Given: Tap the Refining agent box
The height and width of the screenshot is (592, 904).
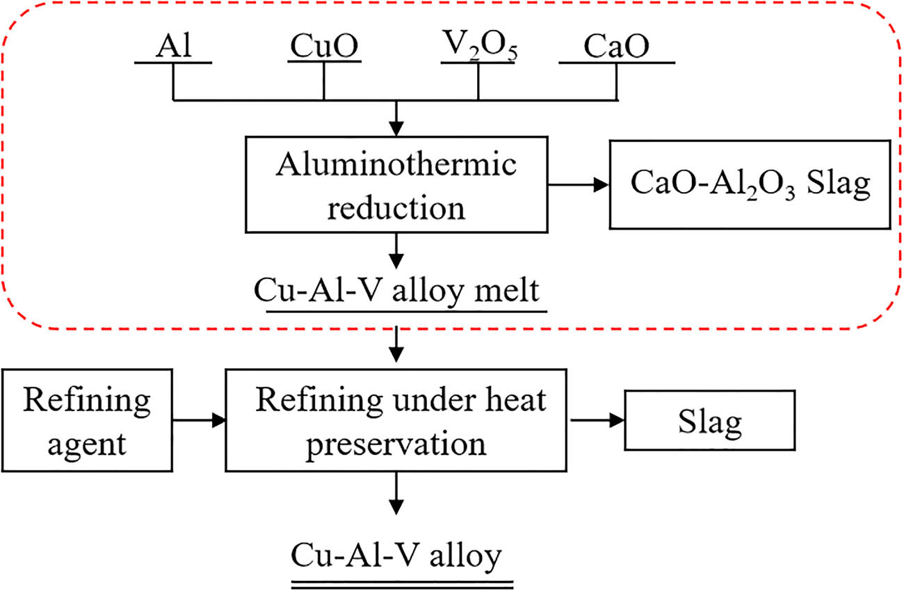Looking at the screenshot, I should pyautogui.click(x=86, y=420).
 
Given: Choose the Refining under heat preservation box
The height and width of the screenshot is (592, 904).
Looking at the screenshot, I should pyautogui.click(x=396, y=421).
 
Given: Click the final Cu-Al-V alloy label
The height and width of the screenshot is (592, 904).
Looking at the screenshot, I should pyautogui.click(x=396, y=557).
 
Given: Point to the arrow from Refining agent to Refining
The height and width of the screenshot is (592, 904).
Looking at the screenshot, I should pyautogui.click(x=197, y=420).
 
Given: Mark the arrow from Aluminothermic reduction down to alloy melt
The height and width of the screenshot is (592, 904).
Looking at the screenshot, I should pyautogui.click(x=396, y=250).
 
